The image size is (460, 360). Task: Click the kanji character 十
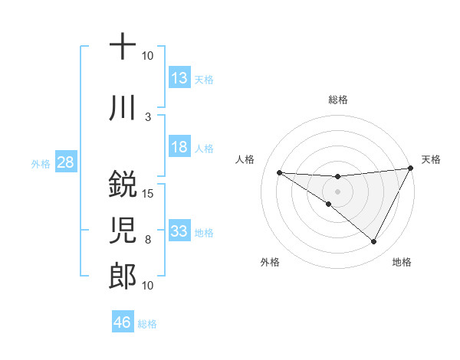(x=123, y=47)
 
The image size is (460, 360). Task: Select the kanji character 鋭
(x=123, y=185)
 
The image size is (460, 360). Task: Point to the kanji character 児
(x=123, y=231)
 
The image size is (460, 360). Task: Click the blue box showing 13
(x=179, y=78)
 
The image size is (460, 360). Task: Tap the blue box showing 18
(x=179, y=147)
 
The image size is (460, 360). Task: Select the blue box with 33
(x=179, y=231)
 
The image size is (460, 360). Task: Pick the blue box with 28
(x=65, y=163)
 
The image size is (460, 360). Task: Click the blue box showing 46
(x=123, y=322)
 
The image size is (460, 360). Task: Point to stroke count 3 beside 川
(x=148, y=116)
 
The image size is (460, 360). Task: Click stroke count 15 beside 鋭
(x=148, y=193)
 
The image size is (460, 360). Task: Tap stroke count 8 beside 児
(x=148, y=239)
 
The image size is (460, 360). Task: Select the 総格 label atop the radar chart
(x=337, y=100)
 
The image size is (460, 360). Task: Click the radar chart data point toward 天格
(x=411, y=168)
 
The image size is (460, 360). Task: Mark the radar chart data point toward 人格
(x=279, y=172)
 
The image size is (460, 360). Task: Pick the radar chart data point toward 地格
(x=374, y=242)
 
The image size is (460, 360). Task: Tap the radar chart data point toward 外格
(x=329, y=204)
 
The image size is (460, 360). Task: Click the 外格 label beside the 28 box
(x=41, y=164)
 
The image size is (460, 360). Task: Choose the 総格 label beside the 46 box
(x=147, y=323)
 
